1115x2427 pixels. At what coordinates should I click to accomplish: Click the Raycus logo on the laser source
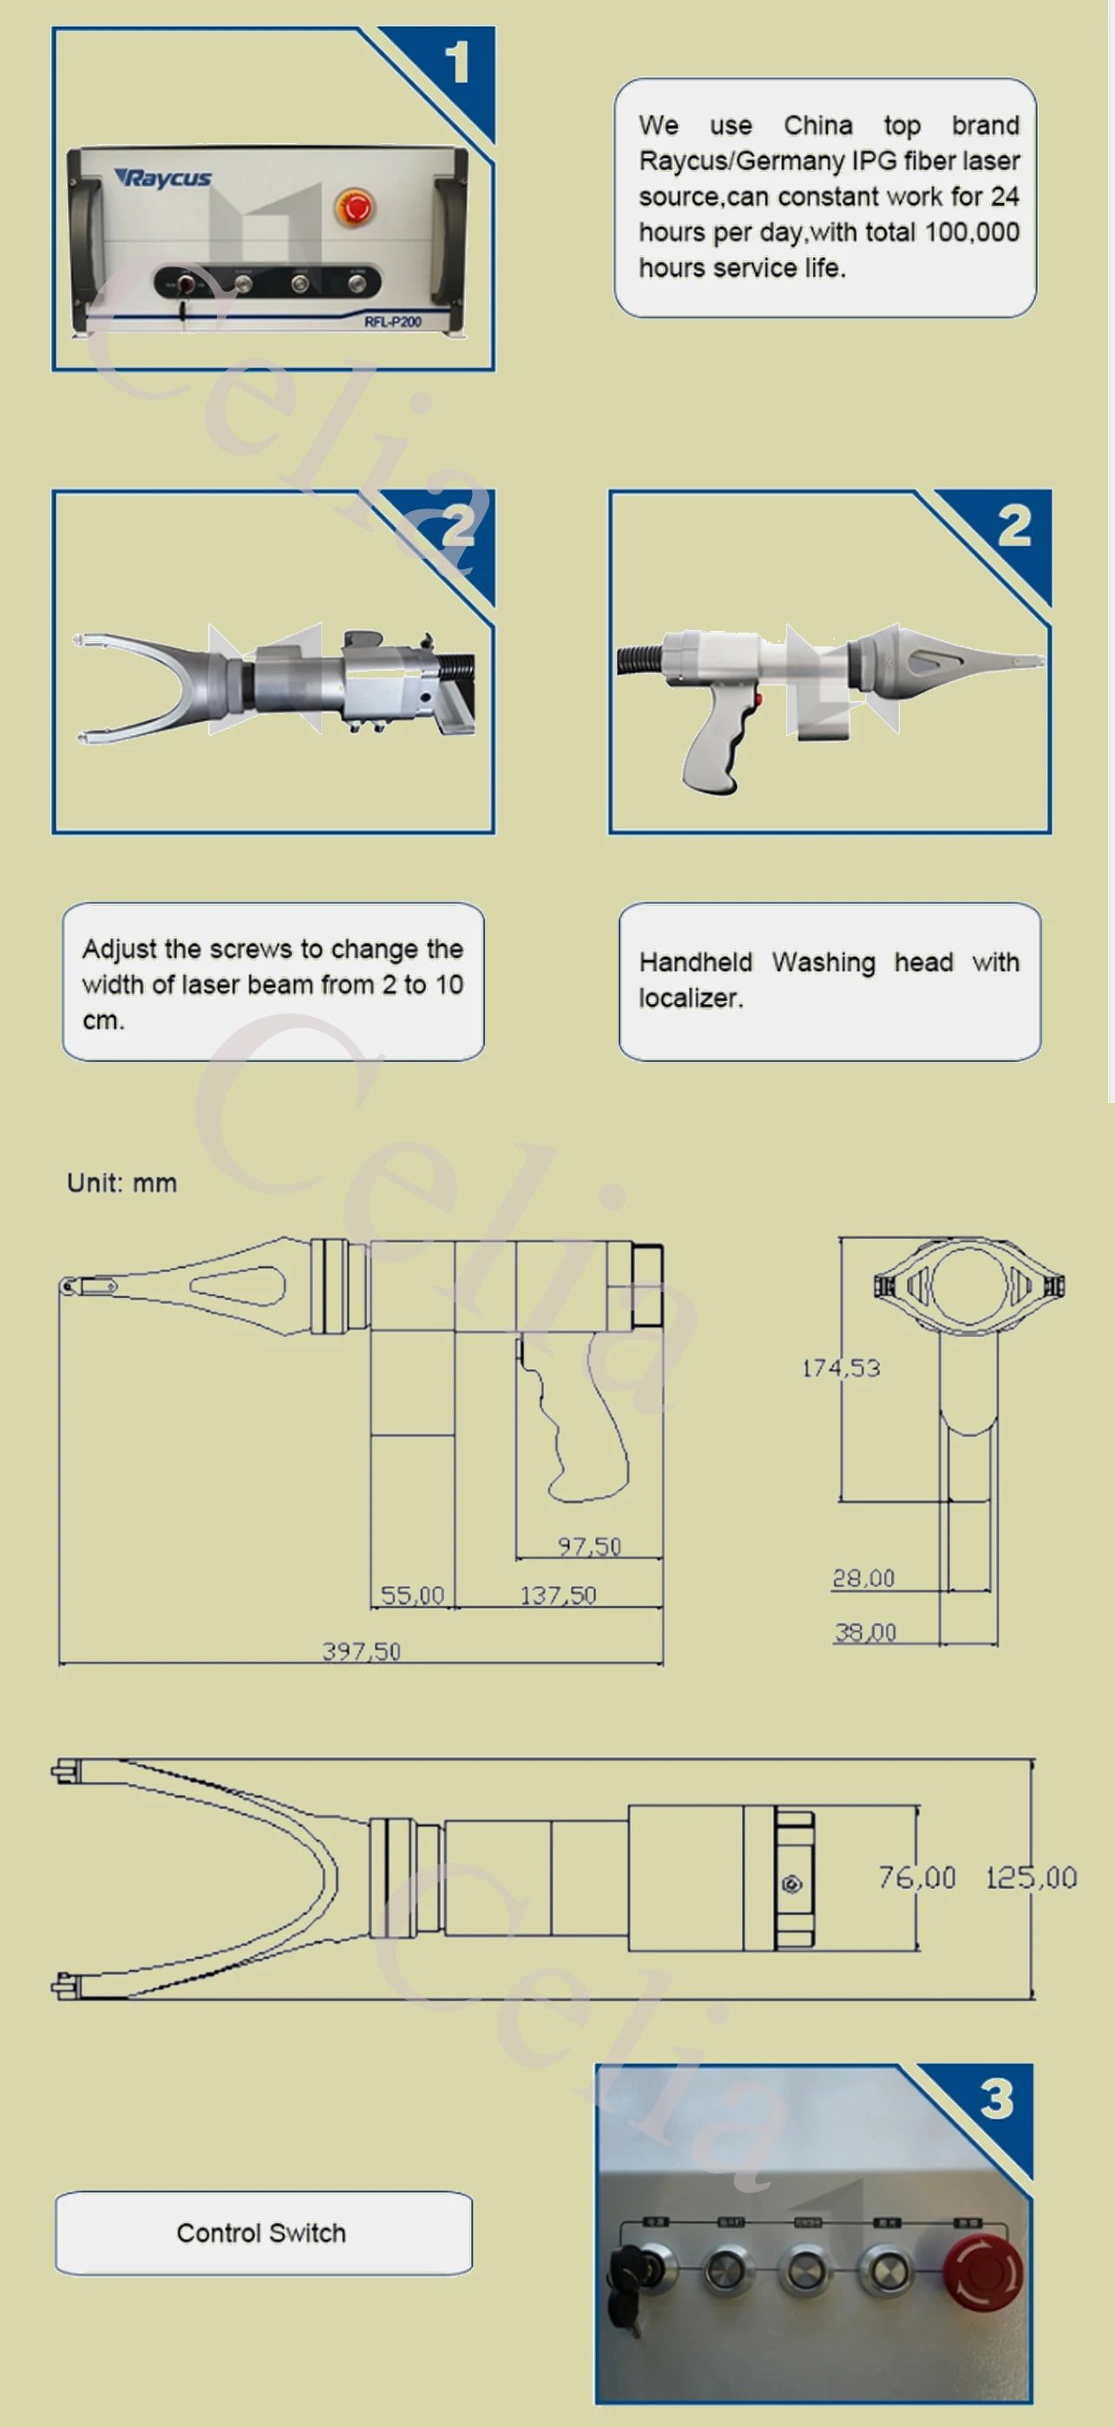tap(164, 178)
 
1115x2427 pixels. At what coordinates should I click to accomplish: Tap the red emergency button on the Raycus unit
tap(354, 207)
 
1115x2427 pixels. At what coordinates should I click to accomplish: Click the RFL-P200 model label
tap(392, 322)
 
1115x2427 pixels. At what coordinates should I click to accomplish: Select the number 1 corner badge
tap(457, 63)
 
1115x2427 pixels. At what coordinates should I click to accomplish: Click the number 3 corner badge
tap(996, 2099)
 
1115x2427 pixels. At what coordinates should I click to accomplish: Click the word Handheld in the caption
tap(696, 962)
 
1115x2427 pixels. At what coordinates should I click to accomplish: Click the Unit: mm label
tap(121, 1184)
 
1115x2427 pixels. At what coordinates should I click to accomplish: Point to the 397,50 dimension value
tap(361, 1650)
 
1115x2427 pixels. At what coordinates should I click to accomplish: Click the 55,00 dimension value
tap(412, 1595)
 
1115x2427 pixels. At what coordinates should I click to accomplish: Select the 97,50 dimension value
tap(589, 1546)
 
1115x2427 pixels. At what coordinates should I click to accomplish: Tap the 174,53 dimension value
tap(841, 1368)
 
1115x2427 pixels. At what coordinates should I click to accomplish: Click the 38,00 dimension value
tap(864, 1632)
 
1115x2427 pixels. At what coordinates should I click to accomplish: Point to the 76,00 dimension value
tap(917, 1878)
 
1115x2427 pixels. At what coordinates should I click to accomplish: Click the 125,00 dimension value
tap(1030, 1878)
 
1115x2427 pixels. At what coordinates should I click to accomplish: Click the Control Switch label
tap(261, 2233)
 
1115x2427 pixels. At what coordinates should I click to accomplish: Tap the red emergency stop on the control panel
tap(982, 2272)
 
